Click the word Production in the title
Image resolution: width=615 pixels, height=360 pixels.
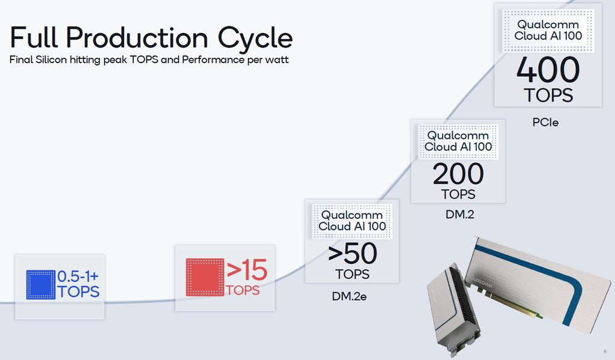coord(136,38)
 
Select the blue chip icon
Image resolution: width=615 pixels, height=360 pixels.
coord(41,285)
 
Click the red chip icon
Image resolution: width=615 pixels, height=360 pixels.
coord(205,277)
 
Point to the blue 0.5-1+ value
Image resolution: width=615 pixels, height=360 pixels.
coord(77,276)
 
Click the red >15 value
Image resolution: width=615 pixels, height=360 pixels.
coord(247,270)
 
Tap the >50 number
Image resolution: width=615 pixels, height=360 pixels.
coord(352,254)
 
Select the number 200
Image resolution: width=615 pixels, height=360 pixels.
coord(458,174)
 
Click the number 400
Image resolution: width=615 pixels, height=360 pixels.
coord(548,70)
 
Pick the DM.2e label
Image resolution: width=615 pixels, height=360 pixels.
coord(349,296)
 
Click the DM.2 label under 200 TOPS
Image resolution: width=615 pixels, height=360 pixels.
coord(459,215)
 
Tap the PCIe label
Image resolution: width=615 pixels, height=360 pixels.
coord(545,123)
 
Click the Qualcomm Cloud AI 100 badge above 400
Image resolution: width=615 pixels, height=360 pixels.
coord(548,31)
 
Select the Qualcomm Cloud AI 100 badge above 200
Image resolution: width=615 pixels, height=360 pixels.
coord(458,141)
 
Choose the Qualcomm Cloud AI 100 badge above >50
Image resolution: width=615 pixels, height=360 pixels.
coord(352,221)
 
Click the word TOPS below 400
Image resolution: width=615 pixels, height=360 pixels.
coord(548,96)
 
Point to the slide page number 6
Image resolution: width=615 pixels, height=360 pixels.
coord(605,352)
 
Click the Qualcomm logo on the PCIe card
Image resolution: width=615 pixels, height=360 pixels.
coord(481,281)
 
